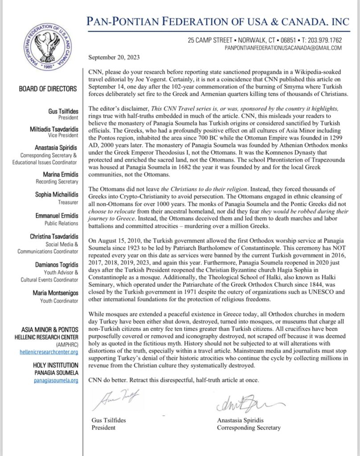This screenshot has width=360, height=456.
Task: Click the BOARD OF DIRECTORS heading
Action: [48, 89]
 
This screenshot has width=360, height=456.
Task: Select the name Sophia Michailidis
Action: [54, 195]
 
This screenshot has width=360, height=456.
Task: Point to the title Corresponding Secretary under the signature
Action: [249, 428]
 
